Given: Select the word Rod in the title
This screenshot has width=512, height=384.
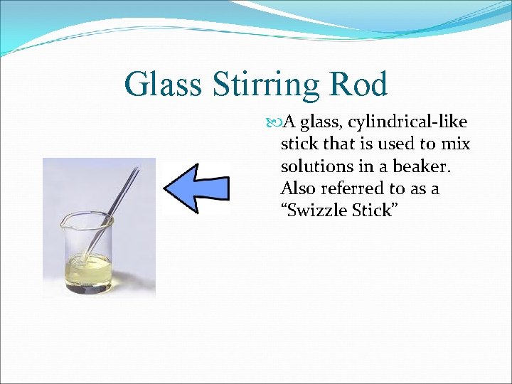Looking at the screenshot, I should tap(362, 85).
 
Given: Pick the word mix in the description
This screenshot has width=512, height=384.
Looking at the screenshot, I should tap(455, 144).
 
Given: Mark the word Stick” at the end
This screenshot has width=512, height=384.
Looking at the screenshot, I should tap(373, 211).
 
